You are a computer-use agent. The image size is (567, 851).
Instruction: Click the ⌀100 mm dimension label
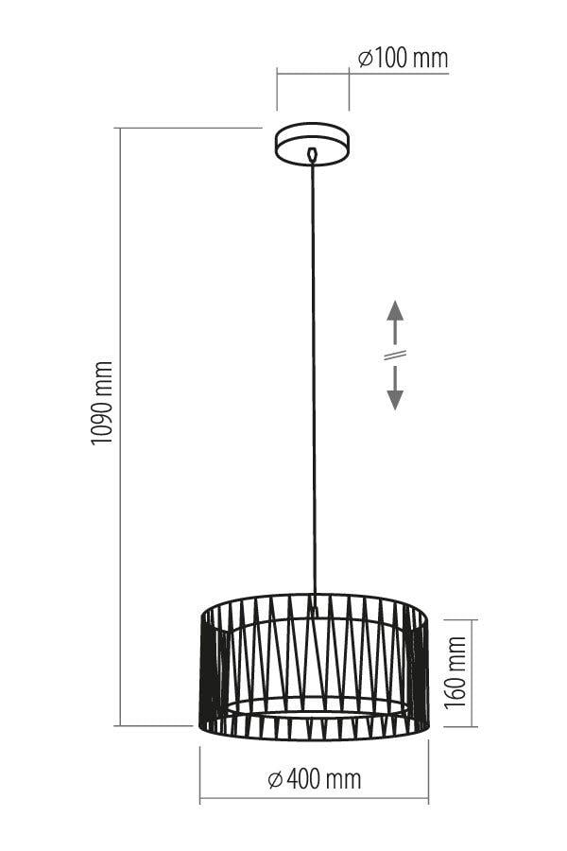point(404,58)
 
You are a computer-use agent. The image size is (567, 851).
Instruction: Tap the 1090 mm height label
point(102,403)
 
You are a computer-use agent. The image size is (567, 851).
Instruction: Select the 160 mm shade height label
point(455,672)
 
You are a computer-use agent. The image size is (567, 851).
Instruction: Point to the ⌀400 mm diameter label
point(315,779)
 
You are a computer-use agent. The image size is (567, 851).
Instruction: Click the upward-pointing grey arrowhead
point(395,310)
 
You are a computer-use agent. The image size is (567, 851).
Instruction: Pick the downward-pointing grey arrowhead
point(395,399)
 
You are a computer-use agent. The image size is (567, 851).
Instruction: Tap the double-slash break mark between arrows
point(395,355)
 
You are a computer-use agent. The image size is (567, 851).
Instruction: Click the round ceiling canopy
point(312,144)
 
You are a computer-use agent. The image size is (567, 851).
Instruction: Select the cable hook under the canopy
point(312,155)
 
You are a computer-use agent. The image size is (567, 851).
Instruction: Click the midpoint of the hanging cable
point(313,380)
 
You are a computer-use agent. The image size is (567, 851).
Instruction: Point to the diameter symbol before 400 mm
point(276,780)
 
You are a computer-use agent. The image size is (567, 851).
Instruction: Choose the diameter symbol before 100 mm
point(365,59)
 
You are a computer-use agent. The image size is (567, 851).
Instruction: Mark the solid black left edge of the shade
point(208,673)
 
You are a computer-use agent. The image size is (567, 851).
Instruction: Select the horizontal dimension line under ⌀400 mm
point(314,798)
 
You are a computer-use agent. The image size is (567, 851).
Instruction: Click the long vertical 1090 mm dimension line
point(120,426)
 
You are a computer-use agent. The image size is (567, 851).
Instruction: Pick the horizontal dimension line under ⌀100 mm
point(363,73)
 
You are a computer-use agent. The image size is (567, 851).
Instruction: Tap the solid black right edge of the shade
point(421,673)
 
